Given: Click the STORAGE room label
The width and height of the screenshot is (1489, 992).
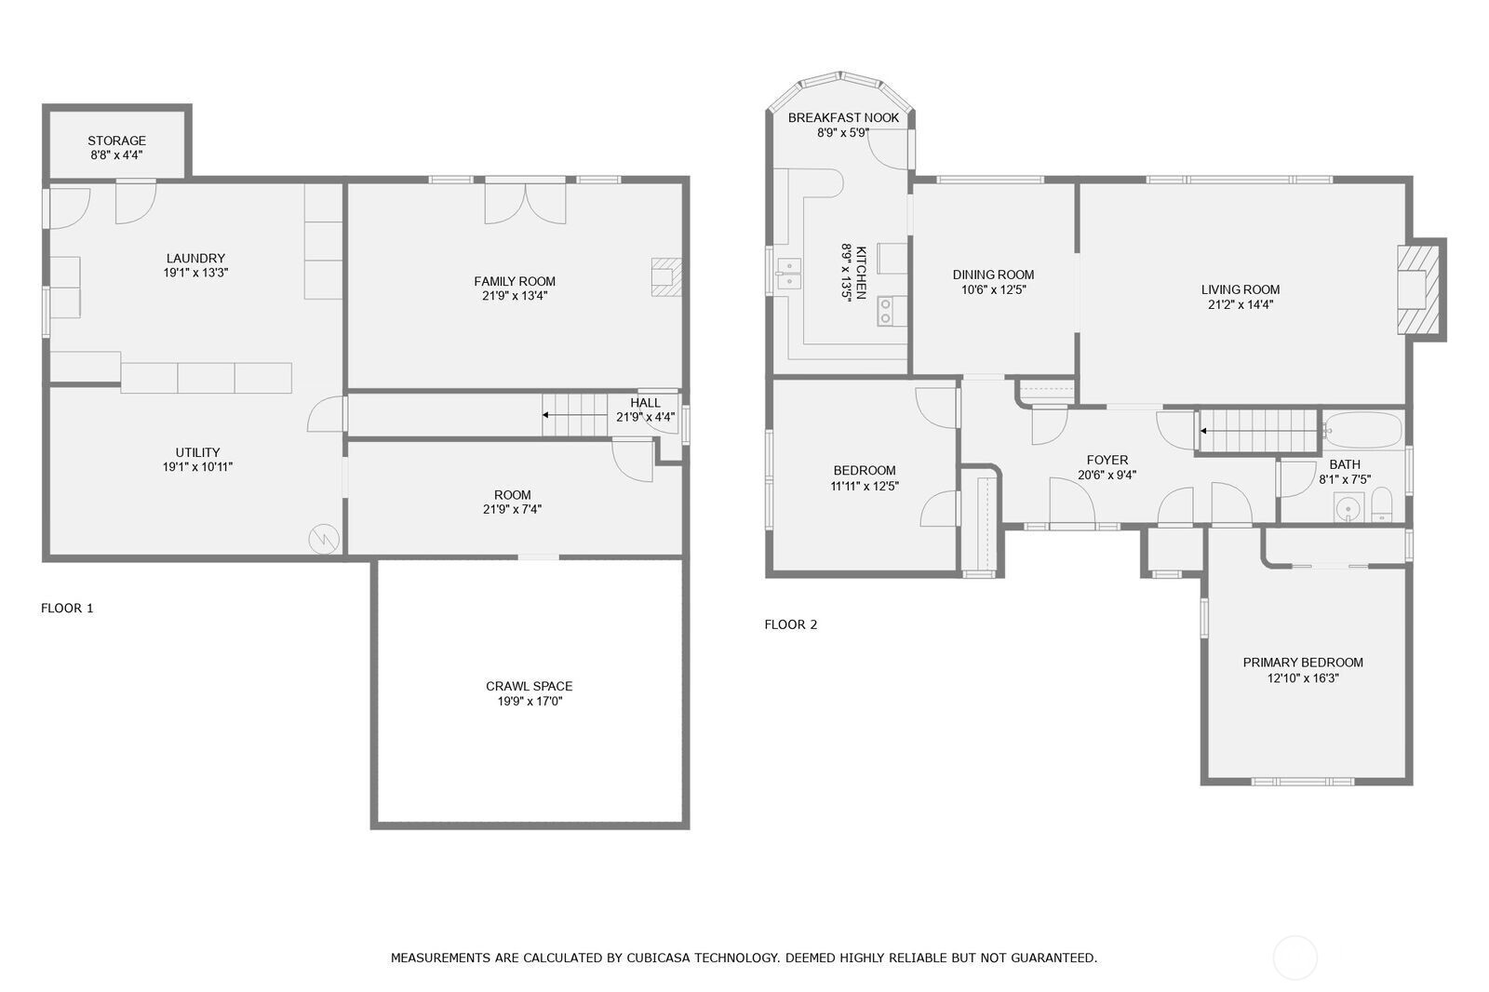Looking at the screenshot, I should pyautogui.click(x=117, y=141).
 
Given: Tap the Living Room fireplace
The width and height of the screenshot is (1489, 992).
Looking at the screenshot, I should pyautogui.click(x=1419, y=288).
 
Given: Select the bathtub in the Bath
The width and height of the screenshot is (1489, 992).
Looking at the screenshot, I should pyautogui.click(x=1362, y=430).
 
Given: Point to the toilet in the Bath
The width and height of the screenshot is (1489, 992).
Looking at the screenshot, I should pyautogui.click(x=1382, y=507).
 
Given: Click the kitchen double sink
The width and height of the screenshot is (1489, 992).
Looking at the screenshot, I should pyautogui.click(x=788, y=275).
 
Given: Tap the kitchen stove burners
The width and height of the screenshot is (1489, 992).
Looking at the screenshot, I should pyautogui.click(x=885, y=311).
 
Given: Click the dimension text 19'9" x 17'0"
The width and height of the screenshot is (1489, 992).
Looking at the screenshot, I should pyautogui.click(x=530, y=701).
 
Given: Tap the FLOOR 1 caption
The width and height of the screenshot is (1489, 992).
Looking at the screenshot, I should pyautogui.click(x=67, y=608).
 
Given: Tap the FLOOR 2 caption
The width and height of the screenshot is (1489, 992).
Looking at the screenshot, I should pyautogui.click(x=791, y=624).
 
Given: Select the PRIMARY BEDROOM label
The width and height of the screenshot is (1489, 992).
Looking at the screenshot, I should pyautogui.click(x=1303, y=663).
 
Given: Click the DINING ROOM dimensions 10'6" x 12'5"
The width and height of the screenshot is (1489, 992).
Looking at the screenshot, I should pyautogui.click(x=993, y=289).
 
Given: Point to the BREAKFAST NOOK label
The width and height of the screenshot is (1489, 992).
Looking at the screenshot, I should pyautogui.click(x=843, y=117).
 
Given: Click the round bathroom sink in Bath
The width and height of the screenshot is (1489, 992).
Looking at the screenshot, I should pyautogui.click(x=1347, y=508).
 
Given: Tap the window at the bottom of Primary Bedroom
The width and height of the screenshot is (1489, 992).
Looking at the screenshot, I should pyautogui.click(x=1302, y=782).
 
